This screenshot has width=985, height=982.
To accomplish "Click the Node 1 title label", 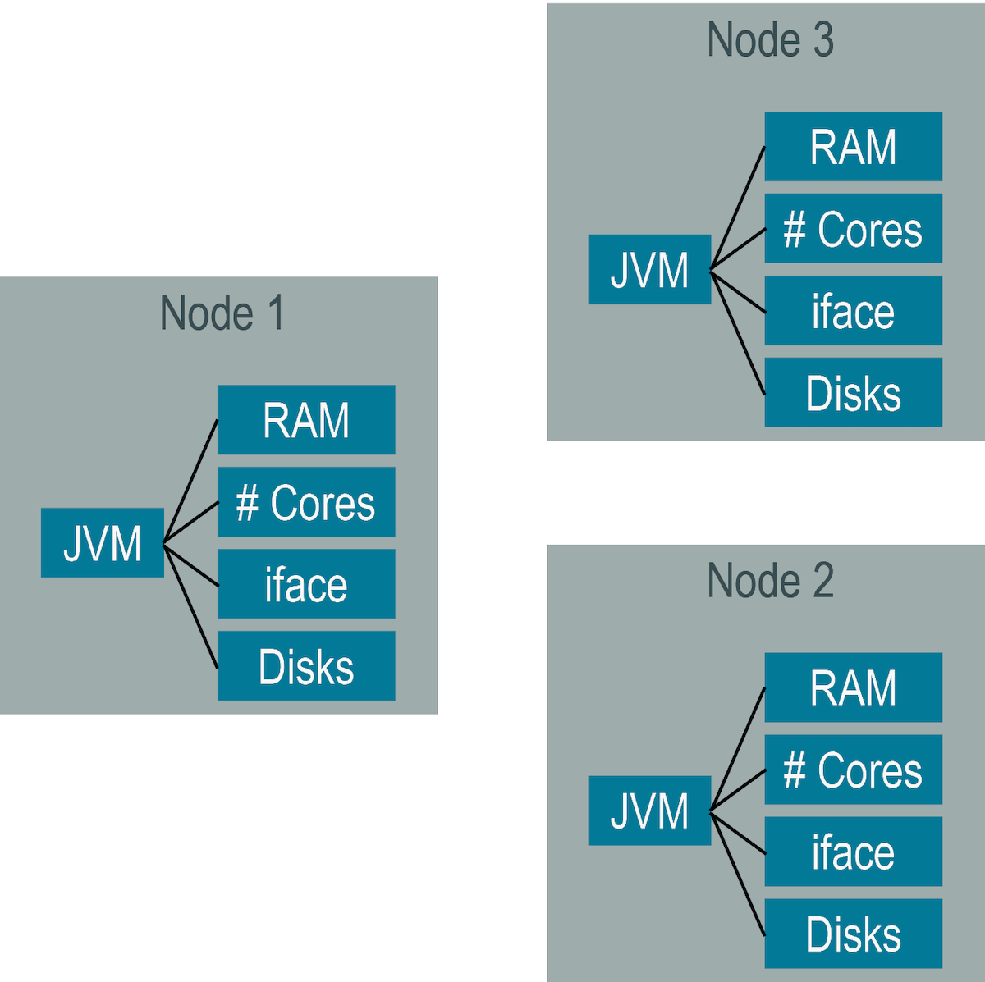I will click(222, 313).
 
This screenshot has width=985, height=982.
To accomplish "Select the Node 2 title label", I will click(770, 581).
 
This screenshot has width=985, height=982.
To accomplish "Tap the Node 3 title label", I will click(770, 40).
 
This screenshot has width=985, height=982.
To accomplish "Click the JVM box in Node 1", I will click(103, 543).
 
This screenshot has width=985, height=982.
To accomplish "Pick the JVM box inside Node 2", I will click(649, 811).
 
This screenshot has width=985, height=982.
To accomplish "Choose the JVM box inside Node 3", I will click(649, 270).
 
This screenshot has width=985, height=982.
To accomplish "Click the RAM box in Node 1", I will click(306, 420).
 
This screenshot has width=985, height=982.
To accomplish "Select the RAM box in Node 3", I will click(853, 147).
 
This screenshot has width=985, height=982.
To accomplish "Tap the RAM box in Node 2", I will click(853, 687).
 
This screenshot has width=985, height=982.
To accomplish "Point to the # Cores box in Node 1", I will click(306, 502).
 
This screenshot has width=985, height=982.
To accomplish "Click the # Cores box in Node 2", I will click(853, 770).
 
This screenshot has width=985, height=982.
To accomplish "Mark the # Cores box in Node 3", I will click(853, 229).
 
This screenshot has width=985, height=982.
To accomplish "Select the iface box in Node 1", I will click(306, 584).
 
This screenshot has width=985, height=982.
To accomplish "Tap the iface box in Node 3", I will click(853, 311).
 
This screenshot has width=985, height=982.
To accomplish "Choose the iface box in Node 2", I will click(853, 852).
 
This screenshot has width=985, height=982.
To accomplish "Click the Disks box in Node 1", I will click(306, 666).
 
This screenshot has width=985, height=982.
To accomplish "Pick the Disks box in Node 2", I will click(853, 934).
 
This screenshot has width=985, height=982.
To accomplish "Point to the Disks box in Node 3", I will click(853, 393).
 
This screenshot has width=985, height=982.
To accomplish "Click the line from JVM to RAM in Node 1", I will click(190, 482).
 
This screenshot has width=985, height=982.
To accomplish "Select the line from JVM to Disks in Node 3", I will click(738, 332).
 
